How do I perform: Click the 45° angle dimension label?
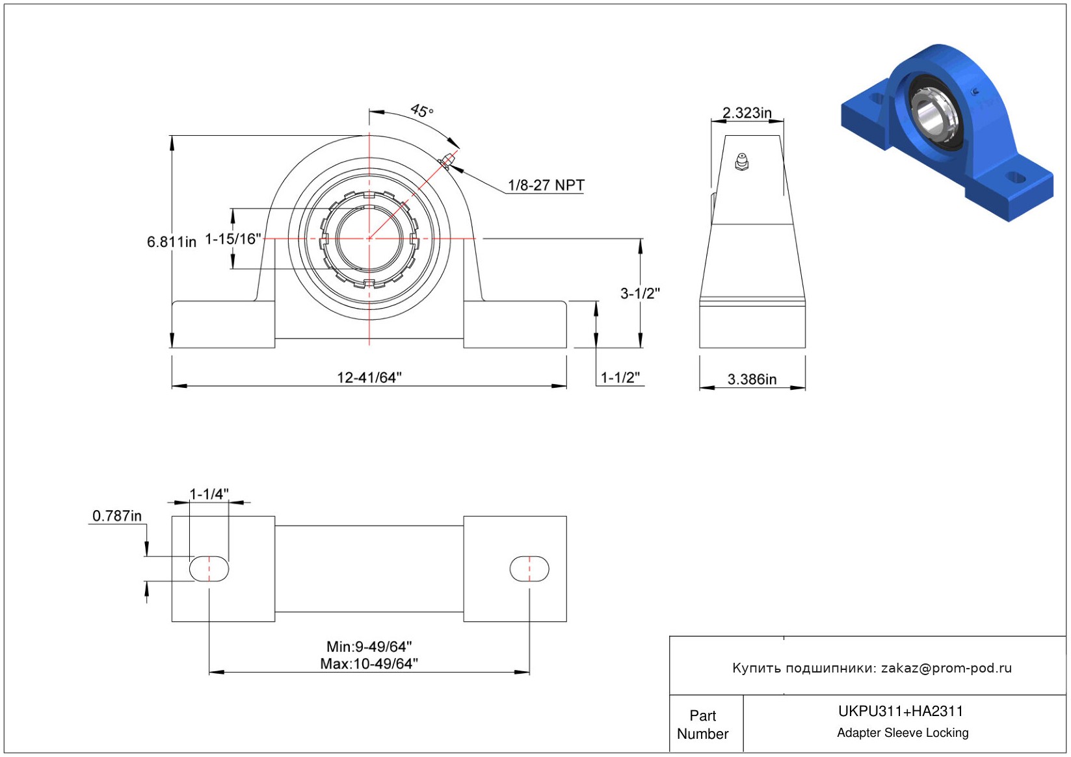pos(422,110)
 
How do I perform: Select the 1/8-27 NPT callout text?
pos(546,185)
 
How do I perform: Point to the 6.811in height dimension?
pos(172,242)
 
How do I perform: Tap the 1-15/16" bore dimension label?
pos(233,238)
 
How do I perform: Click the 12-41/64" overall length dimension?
pos(369,378)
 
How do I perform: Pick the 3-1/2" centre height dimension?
pos(641,293)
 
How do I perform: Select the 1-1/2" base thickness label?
pos(620,378)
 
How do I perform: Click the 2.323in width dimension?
pos(747,113)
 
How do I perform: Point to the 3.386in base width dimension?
pos(752,379)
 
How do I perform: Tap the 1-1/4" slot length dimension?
pos(209,494)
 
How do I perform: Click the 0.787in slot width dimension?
pos(117,516)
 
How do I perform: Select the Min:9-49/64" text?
pos(369,647)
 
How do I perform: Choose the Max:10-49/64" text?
pos(369,664)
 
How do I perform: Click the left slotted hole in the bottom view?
pos(209,569)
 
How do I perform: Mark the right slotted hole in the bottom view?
pos(529,569)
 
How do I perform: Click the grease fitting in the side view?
pos(741,162)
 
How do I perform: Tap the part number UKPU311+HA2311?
pos(901,711)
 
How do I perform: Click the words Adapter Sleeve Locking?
pos(903,732)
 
